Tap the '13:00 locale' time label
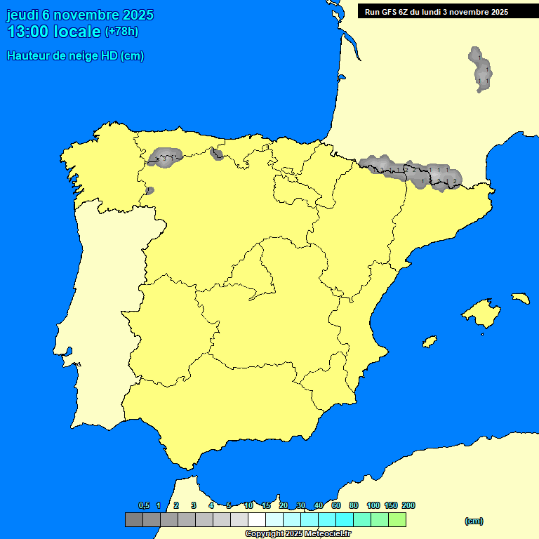point(53,32)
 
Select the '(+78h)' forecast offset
point(122,32)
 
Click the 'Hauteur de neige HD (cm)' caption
point(75,56)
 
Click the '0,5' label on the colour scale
point(144,505)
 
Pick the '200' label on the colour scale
point(408,505)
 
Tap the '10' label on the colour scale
point(248,505)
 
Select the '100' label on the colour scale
point(373,505)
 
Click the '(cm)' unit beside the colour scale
point(474,521)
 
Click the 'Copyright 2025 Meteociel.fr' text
point(298,533)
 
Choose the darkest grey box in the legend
point(133,520)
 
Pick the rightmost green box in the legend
point(397,520)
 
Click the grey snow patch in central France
point(481,69)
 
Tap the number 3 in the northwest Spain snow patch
point(164,159)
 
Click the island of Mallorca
point(482,313)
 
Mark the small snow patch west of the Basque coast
point(217,154)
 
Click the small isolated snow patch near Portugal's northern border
point(149,190)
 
